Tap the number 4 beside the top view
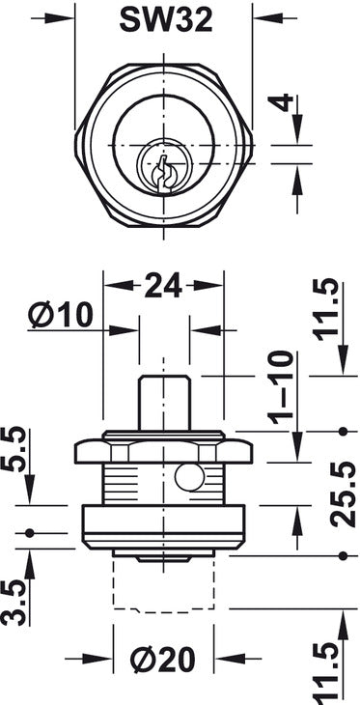(x=281, y=102)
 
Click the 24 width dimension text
(x=163, y=285)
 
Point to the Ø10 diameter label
(x=60, y=314)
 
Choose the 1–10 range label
(x=281, y=387)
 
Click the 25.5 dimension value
(x=344, y=493)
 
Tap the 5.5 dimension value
(x=14, y=448)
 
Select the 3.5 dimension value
(x=14, y=603)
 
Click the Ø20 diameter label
(x=163, y=660)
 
